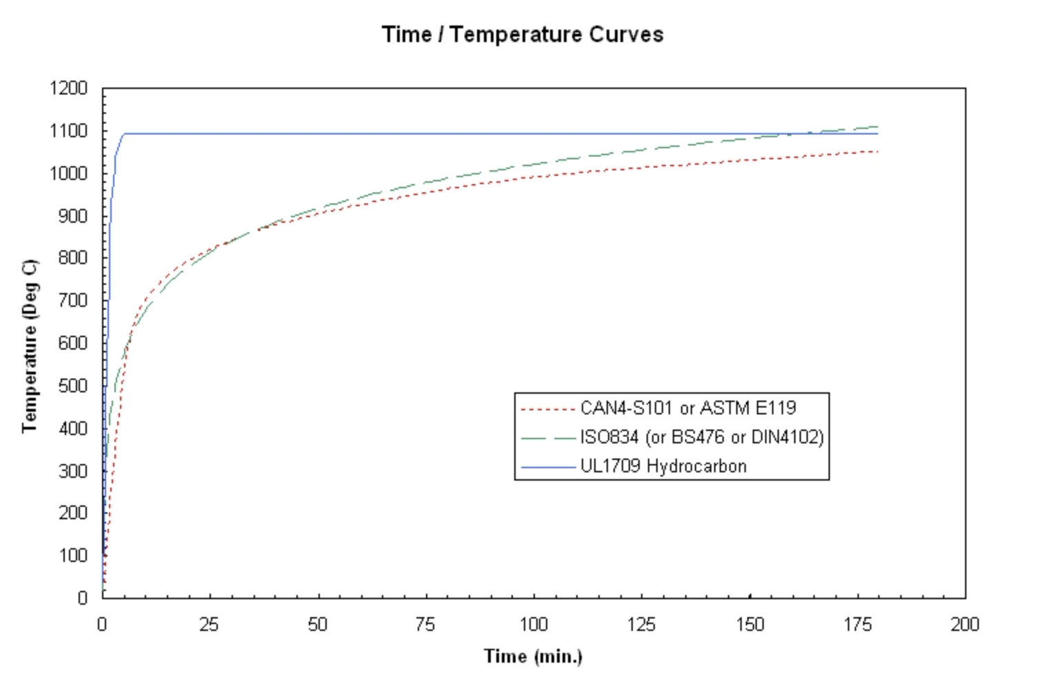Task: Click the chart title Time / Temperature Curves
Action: pos(522,34)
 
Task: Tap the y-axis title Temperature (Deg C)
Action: pos(29,346)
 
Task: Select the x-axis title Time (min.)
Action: pos(533,656)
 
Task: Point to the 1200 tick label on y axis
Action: pos(69,88)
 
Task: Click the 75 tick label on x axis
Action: pos(425,625)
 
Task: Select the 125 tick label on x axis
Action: pos(641,625)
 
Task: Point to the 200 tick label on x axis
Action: pos(964,625)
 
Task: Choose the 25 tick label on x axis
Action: pos(210,625)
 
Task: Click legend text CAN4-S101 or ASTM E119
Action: pos(688,408)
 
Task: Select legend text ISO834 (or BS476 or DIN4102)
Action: pos(702,437)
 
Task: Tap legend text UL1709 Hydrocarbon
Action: pos(663,466)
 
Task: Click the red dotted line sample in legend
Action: pos(548,409)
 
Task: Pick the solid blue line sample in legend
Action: pos(548,467)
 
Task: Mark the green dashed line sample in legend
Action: pos(548,438)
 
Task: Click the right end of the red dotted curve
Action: pos(877,152)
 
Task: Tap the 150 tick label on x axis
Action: pos(749,625)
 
